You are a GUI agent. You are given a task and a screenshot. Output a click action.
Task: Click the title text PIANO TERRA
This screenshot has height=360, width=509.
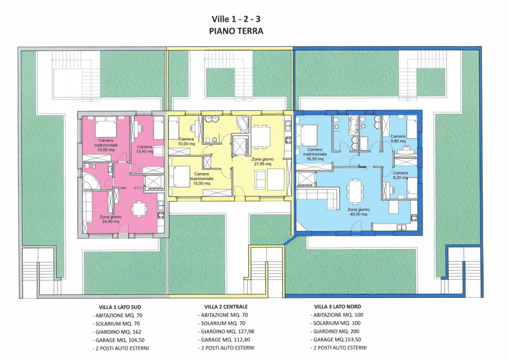(236, 31)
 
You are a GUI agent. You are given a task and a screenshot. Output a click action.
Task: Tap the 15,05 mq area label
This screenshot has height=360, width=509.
(106, 150)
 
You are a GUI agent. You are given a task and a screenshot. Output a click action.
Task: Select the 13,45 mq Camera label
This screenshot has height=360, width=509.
(145, 149)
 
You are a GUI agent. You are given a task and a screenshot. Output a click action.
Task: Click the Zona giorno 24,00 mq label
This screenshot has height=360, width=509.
(111, 219)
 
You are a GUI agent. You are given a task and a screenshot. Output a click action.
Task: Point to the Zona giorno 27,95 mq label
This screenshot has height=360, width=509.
(262, 162)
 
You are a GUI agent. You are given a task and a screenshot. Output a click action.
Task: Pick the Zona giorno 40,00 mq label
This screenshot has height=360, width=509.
(359, 212)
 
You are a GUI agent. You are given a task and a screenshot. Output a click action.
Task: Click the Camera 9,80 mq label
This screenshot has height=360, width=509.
(398, 139)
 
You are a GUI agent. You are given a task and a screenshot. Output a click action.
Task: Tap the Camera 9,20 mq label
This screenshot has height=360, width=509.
(400, 176)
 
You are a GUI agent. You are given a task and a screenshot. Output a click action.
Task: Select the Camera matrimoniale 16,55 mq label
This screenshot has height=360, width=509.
(315, 154)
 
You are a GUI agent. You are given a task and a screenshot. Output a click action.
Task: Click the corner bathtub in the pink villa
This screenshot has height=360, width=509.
(90, 182)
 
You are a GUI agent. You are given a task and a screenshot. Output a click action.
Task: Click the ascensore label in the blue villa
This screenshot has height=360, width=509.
(305, 185)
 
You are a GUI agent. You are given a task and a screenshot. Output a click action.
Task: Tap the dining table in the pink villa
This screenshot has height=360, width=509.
(139, 209)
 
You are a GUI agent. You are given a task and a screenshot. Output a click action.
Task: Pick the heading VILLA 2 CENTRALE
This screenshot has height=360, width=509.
(226, 307)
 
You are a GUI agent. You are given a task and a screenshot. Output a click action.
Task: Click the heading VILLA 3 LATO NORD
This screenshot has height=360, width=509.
(338, 306)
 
